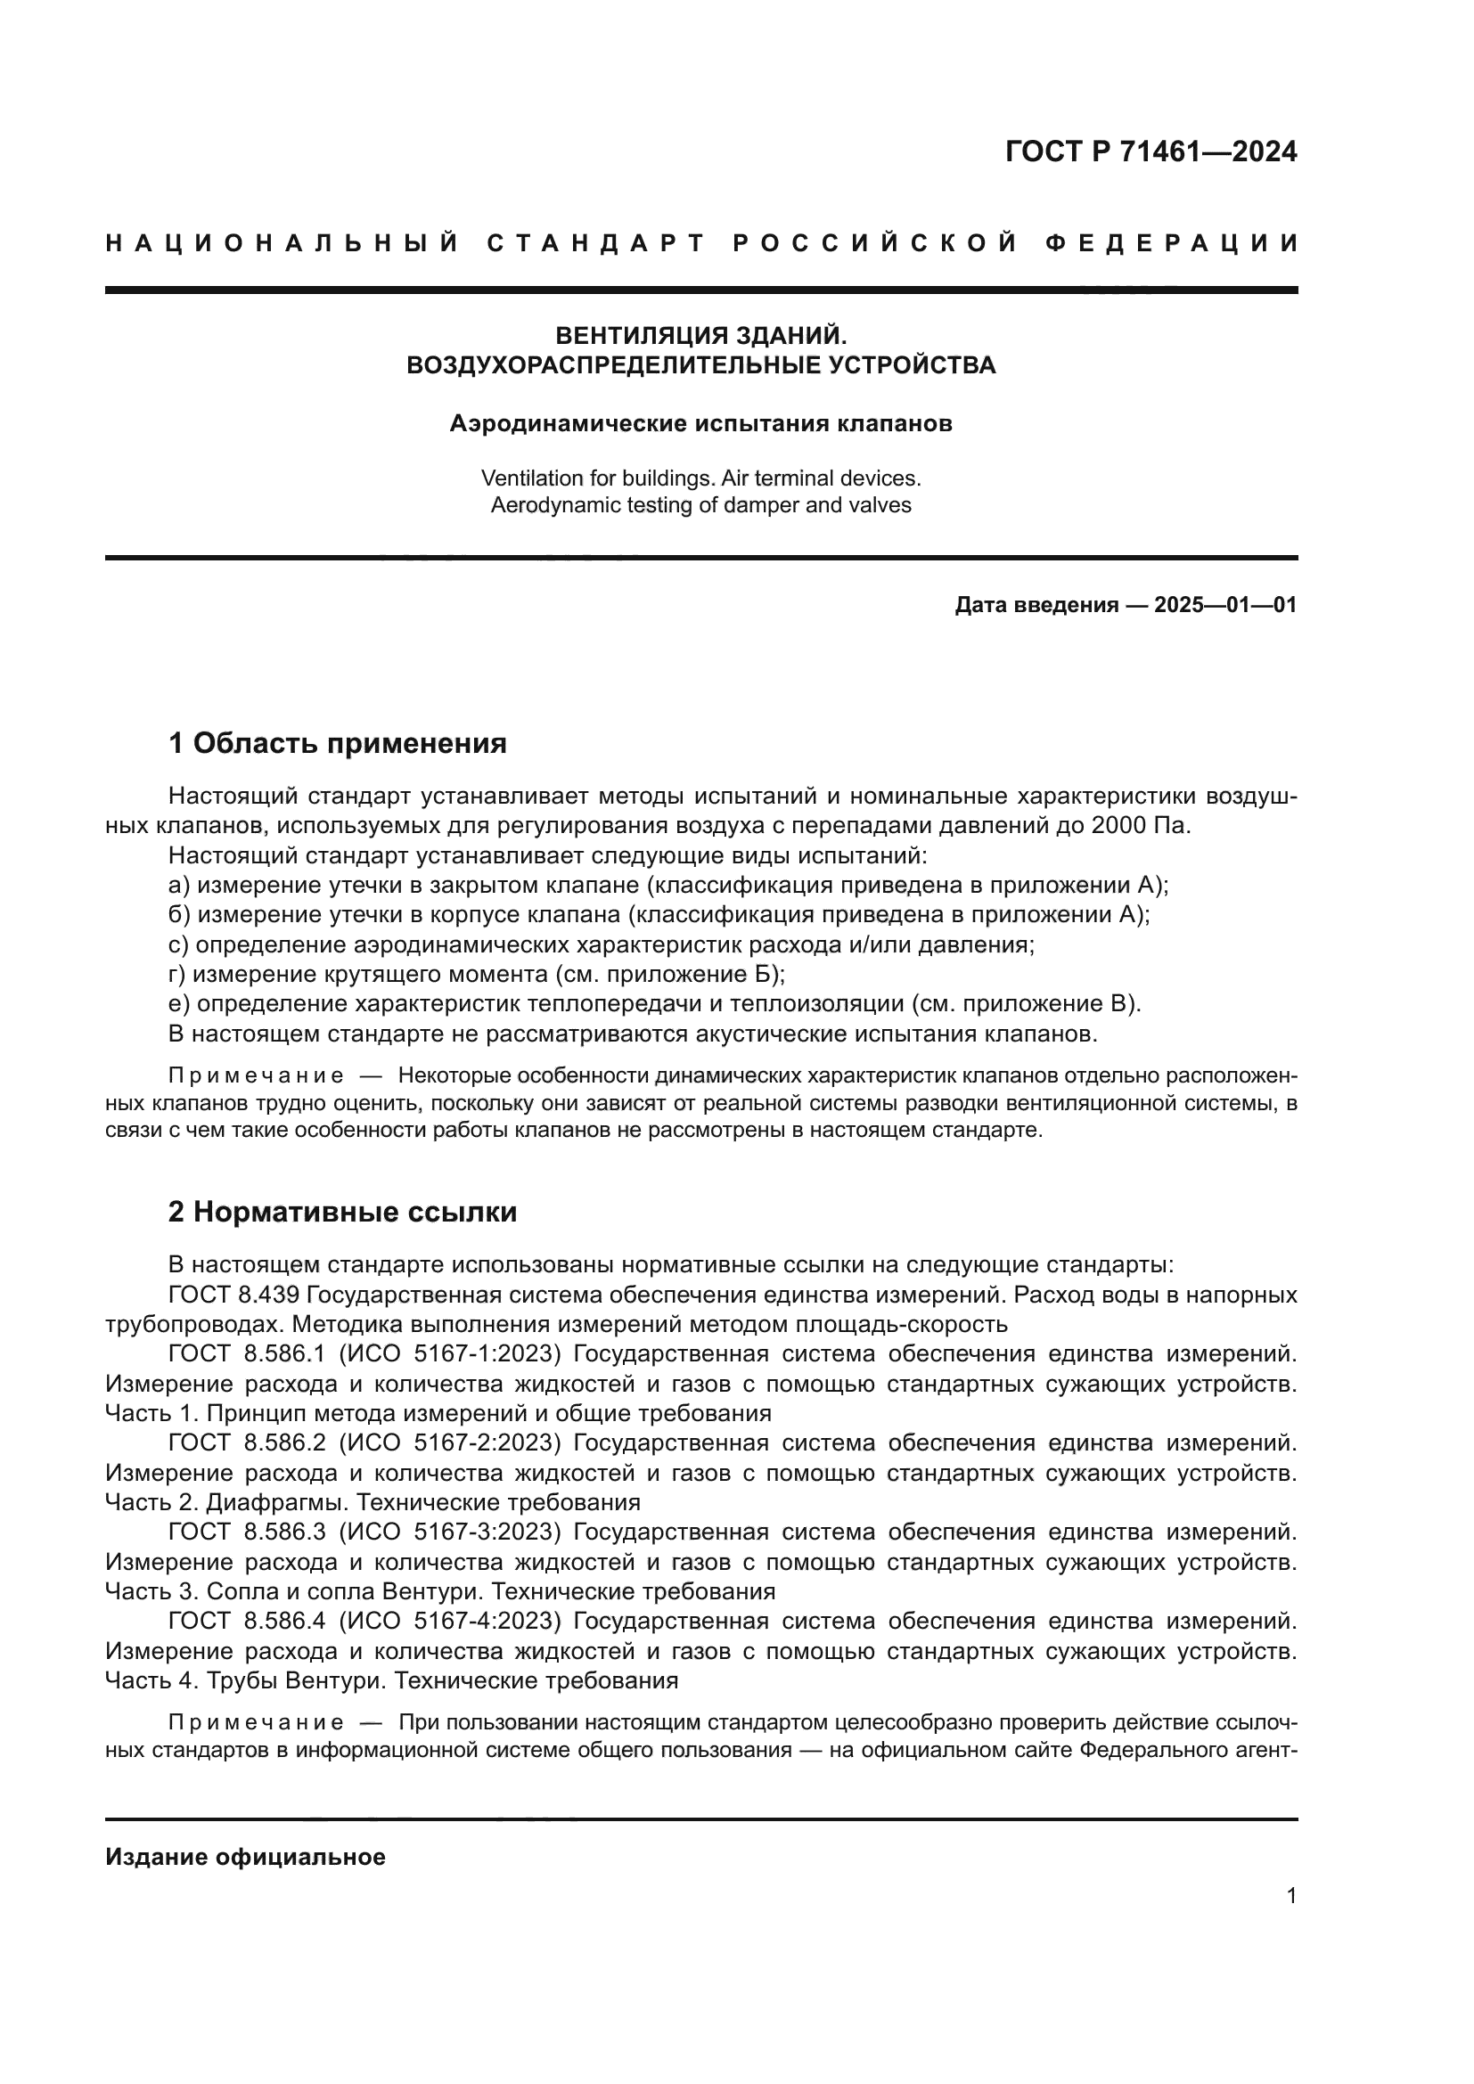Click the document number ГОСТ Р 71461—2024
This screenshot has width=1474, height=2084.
tap(1151, 151)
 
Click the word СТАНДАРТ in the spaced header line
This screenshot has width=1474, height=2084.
tap(595, 243)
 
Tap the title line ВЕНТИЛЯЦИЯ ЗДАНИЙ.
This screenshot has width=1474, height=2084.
tap(700, 336)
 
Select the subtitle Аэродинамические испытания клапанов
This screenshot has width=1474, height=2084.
tap(700, 423)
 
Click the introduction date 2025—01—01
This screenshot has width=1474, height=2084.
tap(1225, 605)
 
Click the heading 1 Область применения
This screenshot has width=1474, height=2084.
tap(337, 743)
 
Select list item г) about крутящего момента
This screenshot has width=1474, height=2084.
tap(476, 975)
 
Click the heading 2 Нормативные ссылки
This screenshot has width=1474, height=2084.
tap(342, 1212)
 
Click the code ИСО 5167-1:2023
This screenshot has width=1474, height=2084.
tap(450, 1353)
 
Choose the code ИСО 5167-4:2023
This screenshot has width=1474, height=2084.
tap(450, 1620)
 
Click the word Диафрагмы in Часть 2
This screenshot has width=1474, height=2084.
tap(277, 1502)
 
